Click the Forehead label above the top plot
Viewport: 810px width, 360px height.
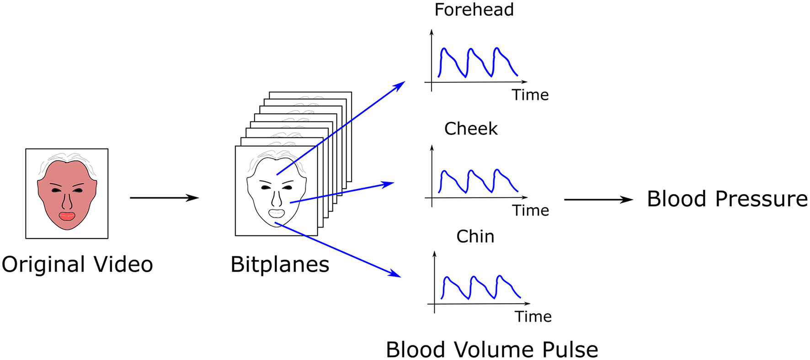click(x=474, y=10)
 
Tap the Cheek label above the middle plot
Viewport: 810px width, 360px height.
click(x=471, y=129)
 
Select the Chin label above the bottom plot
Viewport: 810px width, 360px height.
click(x=475, y=237)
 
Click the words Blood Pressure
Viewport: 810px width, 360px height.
click(x=727, y=199)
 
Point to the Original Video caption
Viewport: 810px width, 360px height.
click(x=77, y=265)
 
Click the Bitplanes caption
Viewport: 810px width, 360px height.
click(x=280, y=265)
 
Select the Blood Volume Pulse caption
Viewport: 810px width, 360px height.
click(x=492, y=350)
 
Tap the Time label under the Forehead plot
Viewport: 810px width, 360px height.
click(x=530, y=95)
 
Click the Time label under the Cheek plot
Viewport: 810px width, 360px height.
click(x=530, y=211)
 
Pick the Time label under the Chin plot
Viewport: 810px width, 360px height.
click(x=533, y=317)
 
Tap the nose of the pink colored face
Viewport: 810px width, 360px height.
click(x=67, y=201)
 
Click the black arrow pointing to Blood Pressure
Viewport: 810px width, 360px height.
click(x=598, y=200)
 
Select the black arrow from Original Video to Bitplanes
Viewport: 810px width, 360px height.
click(x=164, y=198)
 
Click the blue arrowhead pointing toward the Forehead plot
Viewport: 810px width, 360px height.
click(x=400, y=85)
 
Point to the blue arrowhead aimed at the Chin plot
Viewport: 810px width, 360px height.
click(x=396, y=274)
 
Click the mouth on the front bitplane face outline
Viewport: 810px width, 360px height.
click(x=276, y=213)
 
